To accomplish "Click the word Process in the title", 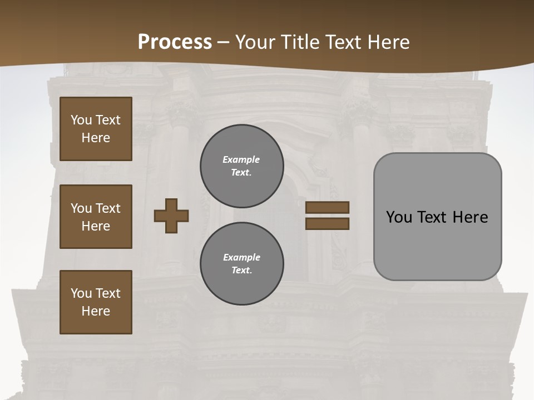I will pyautogui.click(x=175, y=42).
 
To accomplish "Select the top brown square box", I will pyautogui.click(x=96, y=129).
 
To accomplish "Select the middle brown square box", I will pyautogui.click(x=96, y=217).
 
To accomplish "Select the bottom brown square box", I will pyautogui.click(x=96, y=302).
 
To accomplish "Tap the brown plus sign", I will pyautogui.click(x=171, y=216).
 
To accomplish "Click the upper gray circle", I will pyautogui.click(x=242, y=166).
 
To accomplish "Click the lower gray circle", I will pyautogui.click(x=242, y=263).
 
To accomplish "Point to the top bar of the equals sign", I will pyautogui.click(x=327, y=207).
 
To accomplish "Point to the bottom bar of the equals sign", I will pyautogui.click(x=327, y=223).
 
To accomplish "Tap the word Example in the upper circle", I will pyautogui.click(x=241, y=159).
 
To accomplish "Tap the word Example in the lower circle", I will pyautogui.click(x=241, y=257).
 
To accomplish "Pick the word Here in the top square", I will pyautogui.click(x=96, y=138).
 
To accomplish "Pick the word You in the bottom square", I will pyautogui.click(x=81, y=293).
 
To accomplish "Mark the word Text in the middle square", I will pyautogui.click(x=107, y=208).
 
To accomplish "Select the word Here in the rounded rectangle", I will pyautogui.click(x=471, y=217).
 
